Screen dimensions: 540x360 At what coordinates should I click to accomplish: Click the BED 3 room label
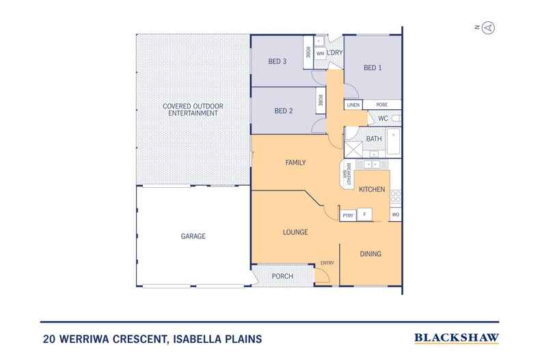(x=278, y=61)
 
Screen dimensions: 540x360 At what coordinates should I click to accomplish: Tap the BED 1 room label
(x=373, y=68)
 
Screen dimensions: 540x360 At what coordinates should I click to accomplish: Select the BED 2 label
(x=284, y=111)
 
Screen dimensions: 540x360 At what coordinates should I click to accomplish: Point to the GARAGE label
(x=193, y=236)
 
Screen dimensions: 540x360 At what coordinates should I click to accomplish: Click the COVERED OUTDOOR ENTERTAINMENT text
(x=193, y=109)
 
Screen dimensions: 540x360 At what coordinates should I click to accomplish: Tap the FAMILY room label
(x=295, y=163)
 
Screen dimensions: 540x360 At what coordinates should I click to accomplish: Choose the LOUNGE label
(x=295, y=232)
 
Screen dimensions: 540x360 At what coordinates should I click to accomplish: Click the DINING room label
(x=370, y=254)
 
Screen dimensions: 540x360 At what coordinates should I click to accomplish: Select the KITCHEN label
(x=372, y=189)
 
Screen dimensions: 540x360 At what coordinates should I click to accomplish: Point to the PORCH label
(x=282, y=277)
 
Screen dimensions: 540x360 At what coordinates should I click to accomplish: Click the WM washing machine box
(x=321, y=54)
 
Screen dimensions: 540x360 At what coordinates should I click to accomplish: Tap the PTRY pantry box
(x=348, y=215)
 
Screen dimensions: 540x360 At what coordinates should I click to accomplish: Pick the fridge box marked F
(x=364, y=214)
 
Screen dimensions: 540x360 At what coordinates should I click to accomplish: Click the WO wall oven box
(x=395, y=214)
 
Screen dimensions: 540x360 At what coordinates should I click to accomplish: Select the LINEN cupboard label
(x=353, y=105)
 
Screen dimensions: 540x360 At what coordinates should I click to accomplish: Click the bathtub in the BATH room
(x=394, y=141)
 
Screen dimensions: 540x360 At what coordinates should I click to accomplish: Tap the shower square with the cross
(x=353, y=150)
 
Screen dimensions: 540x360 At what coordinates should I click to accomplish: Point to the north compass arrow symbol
(x=488, y=27)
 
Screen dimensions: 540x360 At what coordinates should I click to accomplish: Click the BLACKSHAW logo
(x=457, y=338)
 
